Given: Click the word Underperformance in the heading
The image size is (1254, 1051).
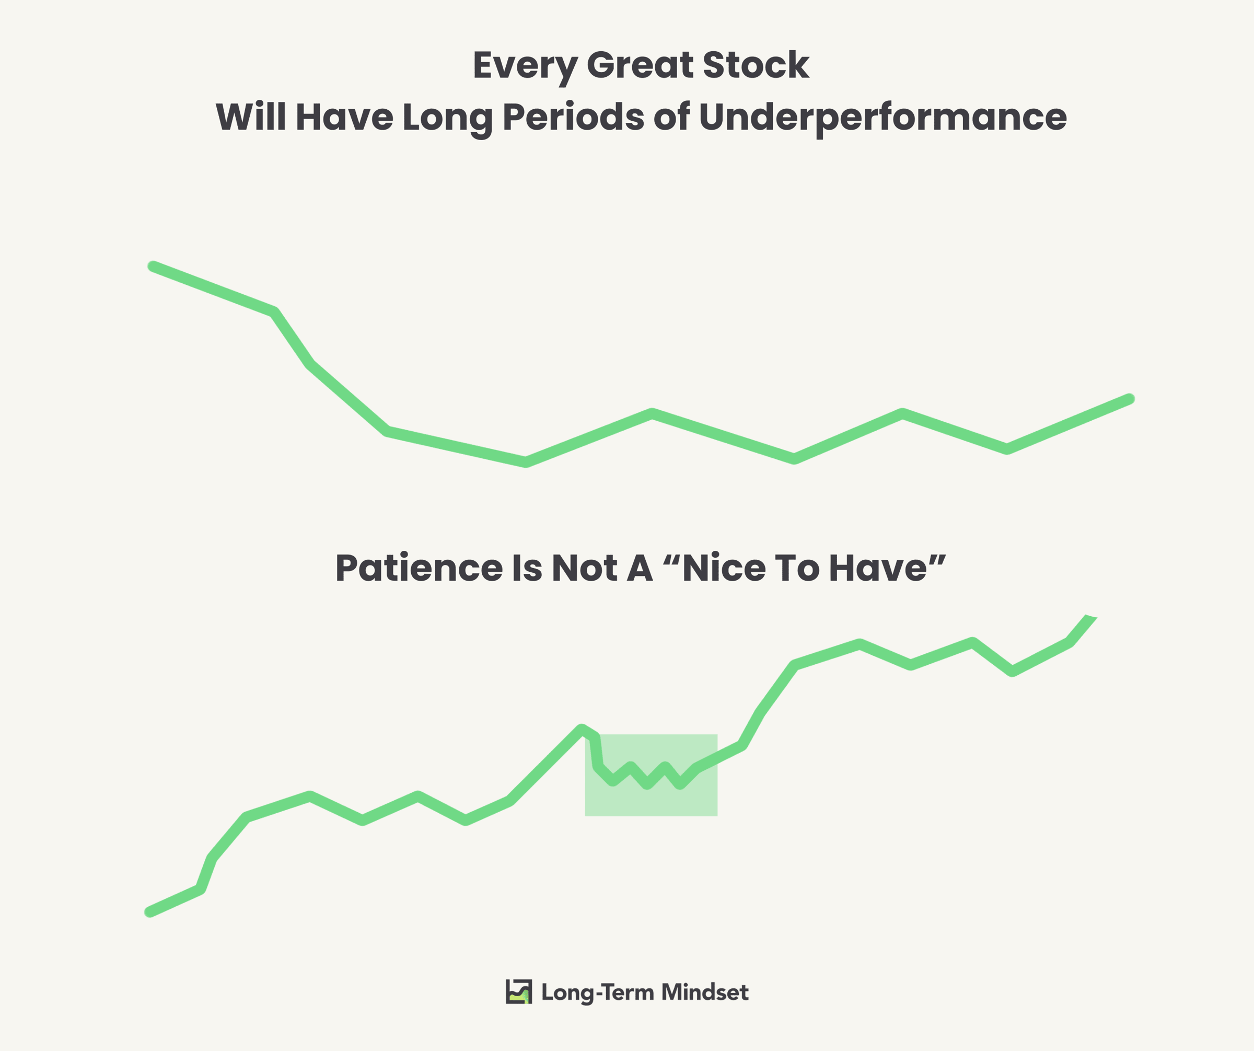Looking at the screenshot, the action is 882,118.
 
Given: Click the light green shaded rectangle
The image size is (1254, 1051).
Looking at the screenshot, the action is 651,775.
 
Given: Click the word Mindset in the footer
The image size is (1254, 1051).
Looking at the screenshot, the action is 705,992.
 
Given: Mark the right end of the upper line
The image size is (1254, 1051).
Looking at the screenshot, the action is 1129,399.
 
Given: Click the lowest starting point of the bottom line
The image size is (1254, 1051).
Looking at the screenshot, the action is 149,913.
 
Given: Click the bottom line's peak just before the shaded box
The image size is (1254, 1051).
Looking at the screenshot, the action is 582,729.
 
